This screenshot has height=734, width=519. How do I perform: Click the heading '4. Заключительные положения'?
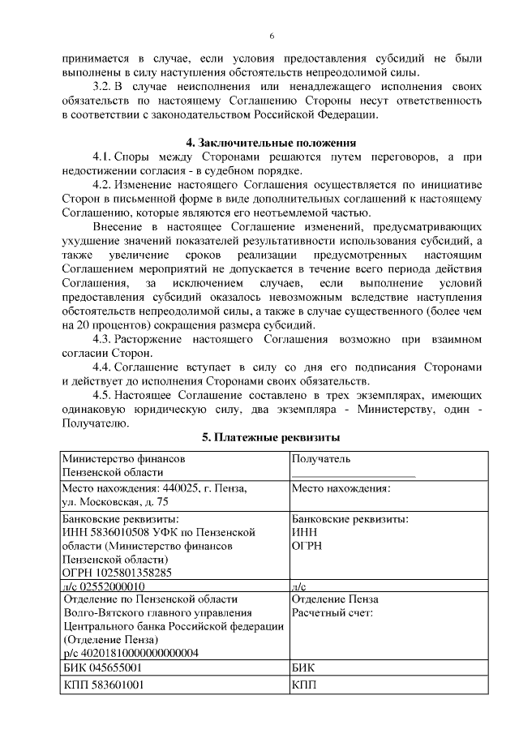(272, 143)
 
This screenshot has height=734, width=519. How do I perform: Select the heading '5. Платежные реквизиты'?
(271, 438)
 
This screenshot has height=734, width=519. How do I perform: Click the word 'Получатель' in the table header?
(321, 458)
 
